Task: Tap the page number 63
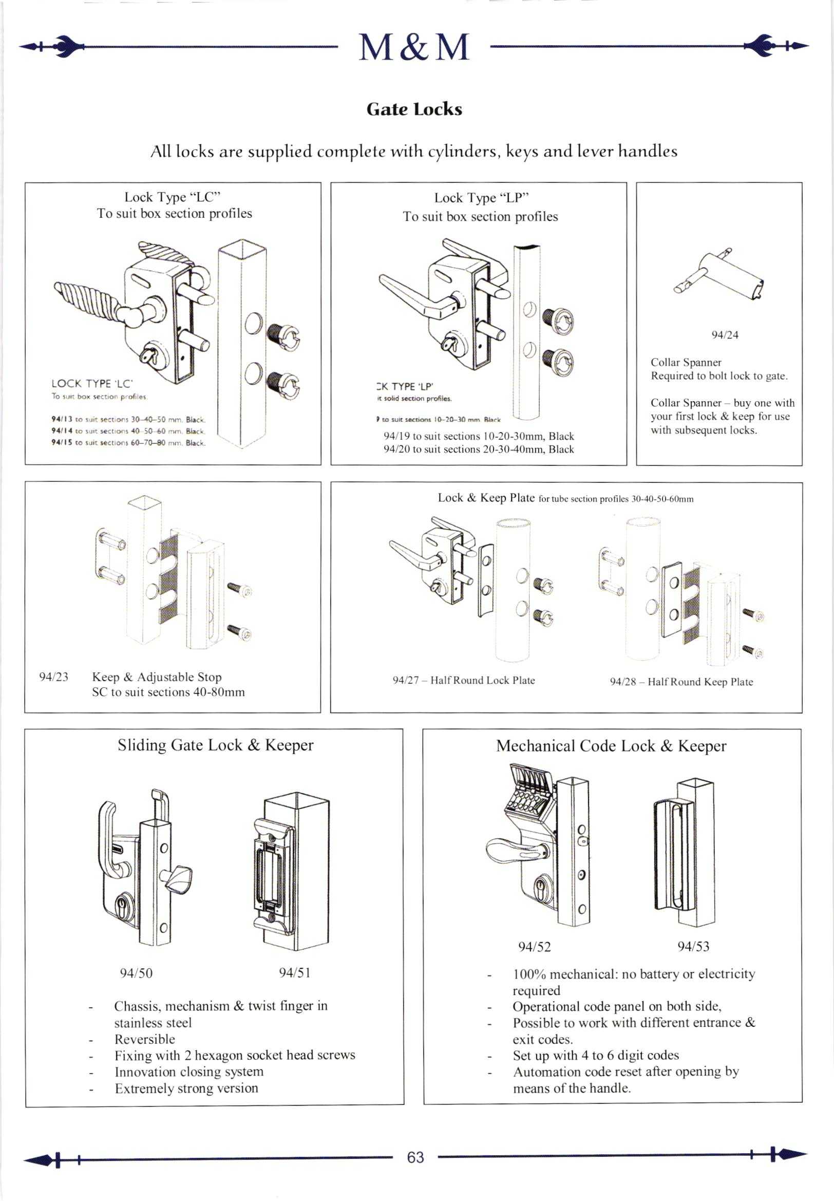[415, 1157]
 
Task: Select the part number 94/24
[725, 335]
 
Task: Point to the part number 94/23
[54, 677]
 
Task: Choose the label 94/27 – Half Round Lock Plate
[464, 680]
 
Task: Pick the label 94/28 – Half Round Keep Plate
[681, 682]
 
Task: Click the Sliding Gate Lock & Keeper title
[215, 745]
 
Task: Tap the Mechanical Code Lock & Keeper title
[611, 746]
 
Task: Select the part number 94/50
[136, 972]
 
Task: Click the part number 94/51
[295, 972]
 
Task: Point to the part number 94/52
[534, 947]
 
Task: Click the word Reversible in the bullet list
[145, 1039]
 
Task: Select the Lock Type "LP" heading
[481, 198]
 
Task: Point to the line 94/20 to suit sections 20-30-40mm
[478, 449]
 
